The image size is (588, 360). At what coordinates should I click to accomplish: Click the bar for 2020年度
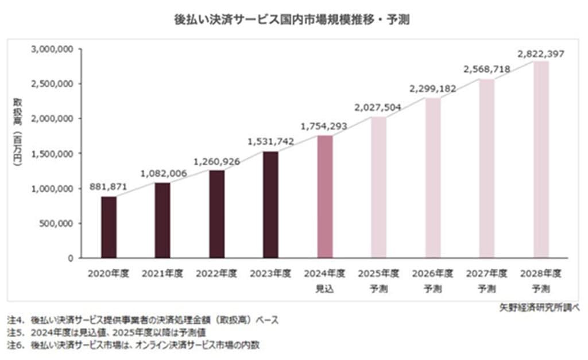pos(109,227)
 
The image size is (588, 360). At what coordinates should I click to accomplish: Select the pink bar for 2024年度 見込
pos(324,197)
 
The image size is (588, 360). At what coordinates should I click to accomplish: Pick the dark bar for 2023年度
pos(270,205)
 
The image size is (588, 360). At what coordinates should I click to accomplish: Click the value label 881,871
pos(108,187)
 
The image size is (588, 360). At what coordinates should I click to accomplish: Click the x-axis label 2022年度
pos(216,274)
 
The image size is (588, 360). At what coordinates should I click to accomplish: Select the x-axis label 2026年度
pos(432,274)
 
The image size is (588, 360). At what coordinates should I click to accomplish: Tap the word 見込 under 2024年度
pos(324,288)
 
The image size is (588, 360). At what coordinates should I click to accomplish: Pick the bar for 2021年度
pos(163,220)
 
